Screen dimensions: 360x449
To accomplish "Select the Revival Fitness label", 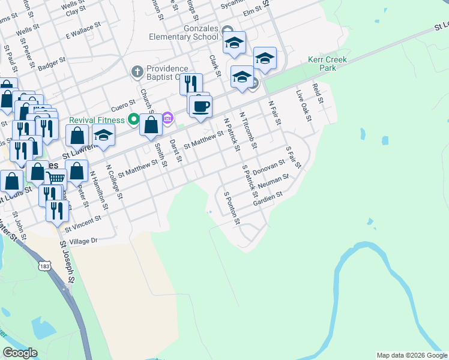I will coord(97,119).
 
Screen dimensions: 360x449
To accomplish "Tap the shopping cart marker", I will coord(55,177).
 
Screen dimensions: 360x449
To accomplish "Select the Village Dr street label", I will coord(83,241).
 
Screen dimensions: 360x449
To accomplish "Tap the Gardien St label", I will coord(268,197).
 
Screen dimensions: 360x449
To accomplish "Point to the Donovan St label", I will coord(268,164).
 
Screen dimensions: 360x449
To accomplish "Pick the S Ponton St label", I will coord(231,208).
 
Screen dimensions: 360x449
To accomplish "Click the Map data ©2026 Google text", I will coord(412,355).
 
